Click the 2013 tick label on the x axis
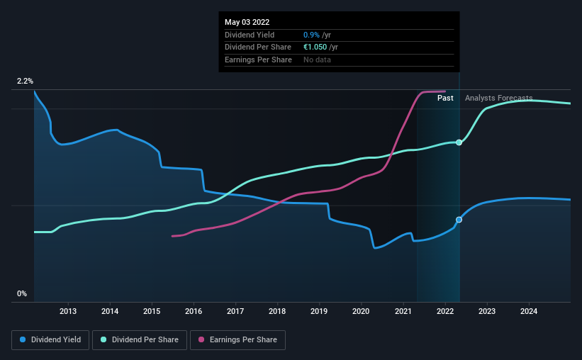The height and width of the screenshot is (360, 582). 68,311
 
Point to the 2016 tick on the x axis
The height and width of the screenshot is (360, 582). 194,311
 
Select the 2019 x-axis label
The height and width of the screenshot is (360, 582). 319,311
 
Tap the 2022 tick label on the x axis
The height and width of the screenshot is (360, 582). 444,311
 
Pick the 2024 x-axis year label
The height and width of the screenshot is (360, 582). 528,311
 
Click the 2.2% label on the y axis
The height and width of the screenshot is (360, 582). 26,82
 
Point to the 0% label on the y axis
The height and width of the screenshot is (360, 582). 22,293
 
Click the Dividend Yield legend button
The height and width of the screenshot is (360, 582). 50,340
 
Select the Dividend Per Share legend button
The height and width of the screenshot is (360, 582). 144,340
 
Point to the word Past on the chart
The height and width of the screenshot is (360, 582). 445,98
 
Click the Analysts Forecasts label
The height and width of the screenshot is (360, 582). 498,98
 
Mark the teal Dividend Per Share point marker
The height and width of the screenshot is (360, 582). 459,142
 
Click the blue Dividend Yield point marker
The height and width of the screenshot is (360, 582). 459,220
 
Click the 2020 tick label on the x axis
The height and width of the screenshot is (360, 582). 361,311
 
